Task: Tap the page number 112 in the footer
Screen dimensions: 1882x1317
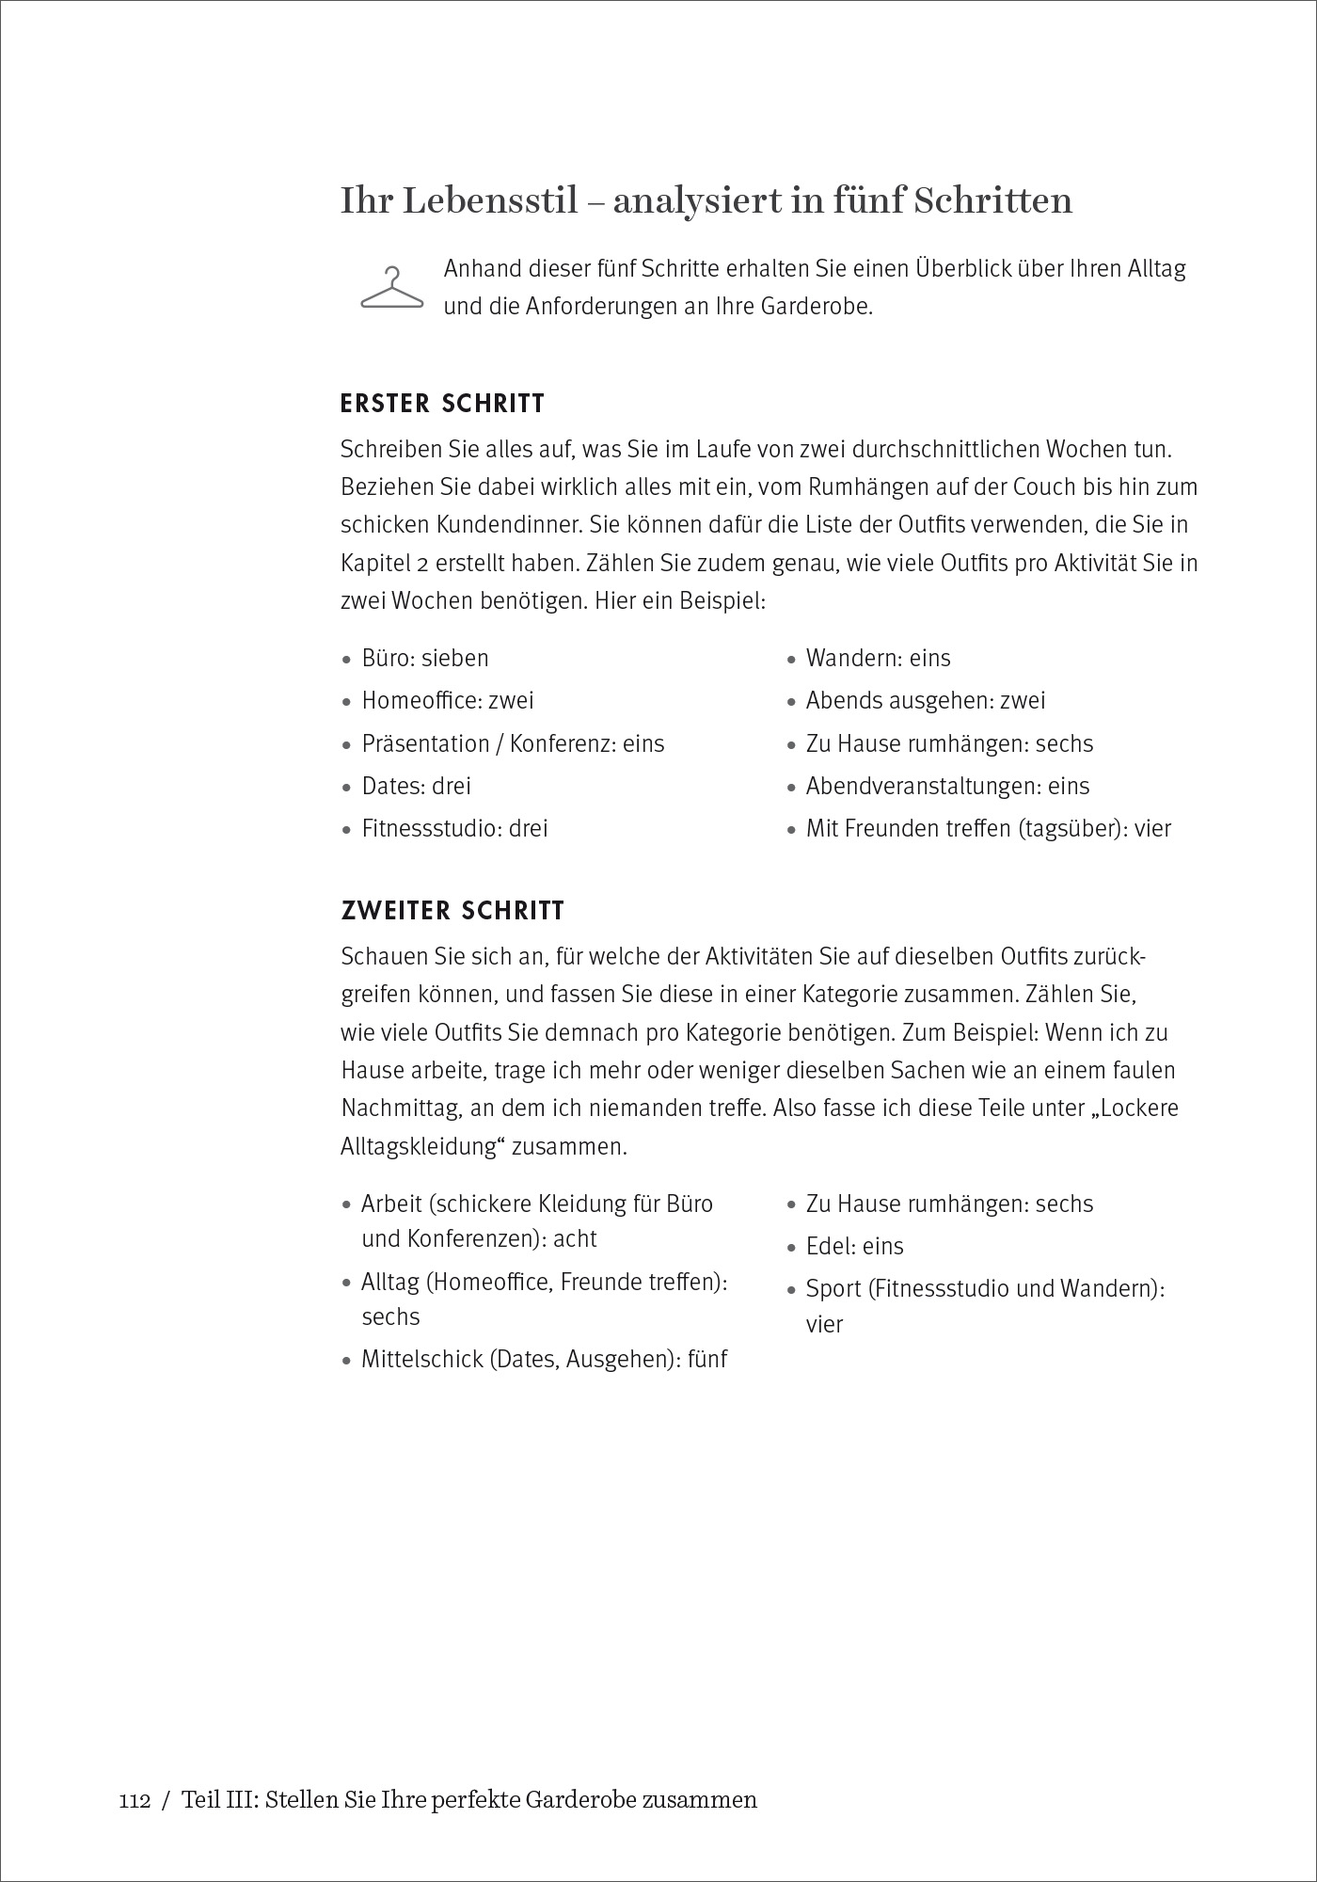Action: pyautogui.click(x=135, y=1800)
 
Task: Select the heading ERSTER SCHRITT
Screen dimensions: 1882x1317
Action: pyautogui.click(x=442, y=405)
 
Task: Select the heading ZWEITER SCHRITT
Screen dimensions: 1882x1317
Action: pyautogui.click(x=452, y=911)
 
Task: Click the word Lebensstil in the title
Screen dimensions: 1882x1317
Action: pyautogui.click(x=490, y=201)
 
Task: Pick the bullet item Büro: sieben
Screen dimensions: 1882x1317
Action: pyautogui.click(x=425, y=658)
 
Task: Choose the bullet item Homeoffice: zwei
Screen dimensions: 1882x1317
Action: pyautogui.click(x=448, y=700)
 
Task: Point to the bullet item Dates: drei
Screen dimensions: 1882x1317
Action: pyautogui.click(x=417, y=786)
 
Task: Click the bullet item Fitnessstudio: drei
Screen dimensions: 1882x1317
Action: pyautogui.click(x=454, y=828)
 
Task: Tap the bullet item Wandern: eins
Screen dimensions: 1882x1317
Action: pyautogui.click(x=878, y=658)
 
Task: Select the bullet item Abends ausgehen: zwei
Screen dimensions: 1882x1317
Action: pyautogui.click(x=926, y=700)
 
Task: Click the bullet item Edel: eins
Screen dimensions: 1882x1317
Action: pyautogui.click(x=854, y=1246)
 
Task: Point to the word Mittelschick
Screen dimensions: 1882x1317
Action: pyautogui.click(x=422, y=1360)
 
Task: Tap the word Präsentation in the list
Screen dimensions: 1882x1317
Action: pyautogui.click(x=426, y=743)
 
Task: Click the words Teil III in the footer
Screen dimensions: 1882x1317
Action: pyautogui.click(x=217, y=1800)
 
